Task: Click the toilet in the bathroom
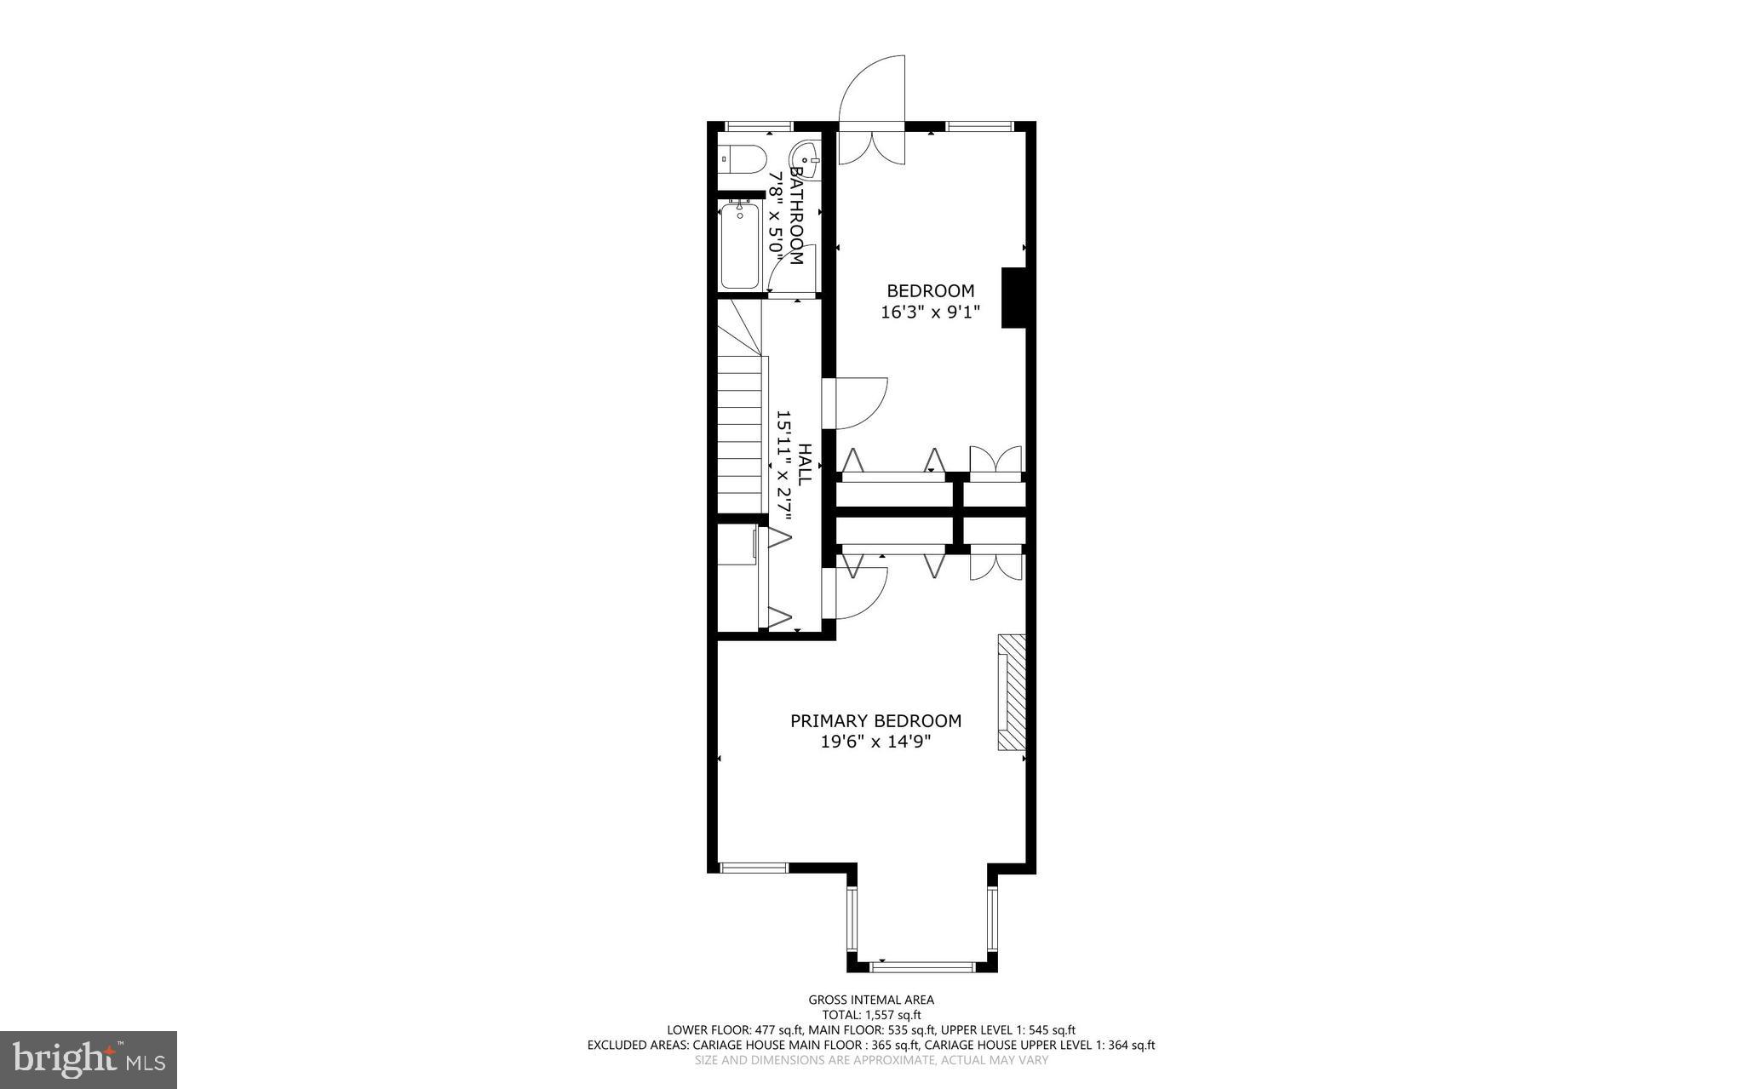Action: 743,158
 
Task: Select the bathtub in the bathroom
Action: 739,246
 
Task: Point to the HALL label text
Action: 804,465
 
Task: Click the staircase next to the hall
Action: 738,426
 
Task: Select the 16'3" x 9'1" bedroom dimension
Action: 930,312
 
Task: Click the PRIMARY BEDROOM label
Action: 875,721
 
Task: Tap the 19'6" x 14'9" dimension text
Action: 875,742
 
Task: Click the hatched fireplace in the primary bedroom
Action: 1012,692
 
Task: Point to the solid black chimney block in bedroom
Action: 1013,297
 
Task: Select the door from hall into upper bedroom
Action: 860,403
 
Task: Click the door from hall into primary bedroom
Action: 860,593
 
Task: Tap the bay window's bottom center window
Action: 922,967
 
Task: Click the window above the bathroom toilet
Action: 759,127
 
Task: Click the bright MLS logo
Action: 89,1060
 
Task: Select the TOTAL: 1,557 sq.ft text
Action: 871,1015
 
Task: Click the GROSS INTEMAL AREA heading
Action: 871,1000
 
